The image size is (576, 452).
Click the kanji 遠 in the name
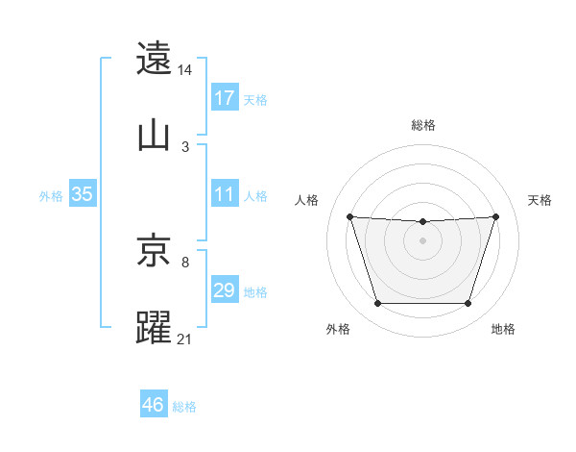155,59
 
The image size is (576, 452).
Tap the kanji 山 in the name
155,136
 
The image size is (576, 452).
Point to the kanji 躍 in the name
155,327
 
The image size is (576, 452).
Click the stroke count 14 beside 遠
185,70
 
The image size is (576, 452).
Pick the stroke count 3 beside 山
185,147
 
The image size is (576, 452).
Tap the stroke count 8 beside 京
185,262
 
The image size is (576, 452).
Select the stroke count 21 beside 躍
185,339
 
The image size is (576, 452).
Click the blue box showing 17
225,98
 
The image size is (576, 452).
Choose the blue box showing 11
225,194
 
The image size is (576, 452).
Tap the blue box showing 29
225,290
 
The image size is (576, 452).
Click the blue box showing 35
83,194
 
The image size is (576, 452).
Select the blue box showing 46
154,406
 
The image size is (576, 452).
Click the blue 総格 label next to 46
184,407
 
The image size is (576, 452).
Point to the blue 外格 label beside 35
51,195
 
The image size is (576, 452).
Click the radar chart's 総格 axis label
423,125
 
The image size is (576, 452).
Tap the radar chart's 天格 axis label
540,200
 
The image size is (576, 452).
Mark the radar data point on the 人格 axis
350,216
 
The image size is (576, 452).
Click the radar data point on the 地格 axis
468,304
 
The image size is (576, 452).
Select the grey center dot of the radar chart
422,239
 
